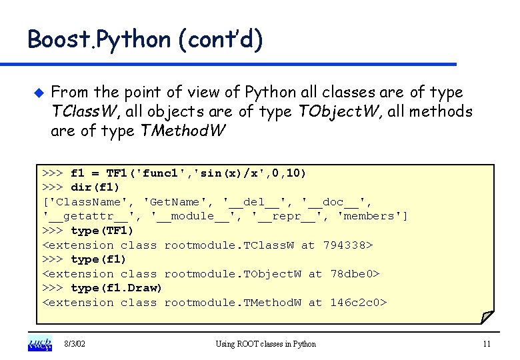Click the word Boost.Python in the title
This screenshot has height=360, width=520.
tap(99, 39)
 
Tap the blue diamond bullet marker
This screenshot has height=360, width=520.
tap(37, 91)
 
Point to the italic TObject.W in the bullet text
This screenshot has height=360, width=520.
tap(334, 111)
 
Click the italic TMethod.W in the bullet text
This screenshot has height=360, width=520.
tap(184, 131)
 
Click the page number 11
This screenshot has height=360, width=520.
tap(486, 344)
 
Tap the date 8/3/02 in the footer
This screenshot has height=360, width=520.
tap(75, 344)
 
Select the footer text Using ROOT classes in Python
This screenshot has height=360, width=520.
tap(266, 344)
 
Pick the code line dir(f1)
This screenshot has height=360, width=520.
tap(95, 187)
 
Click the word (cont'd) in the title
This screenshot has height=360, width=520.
tap(221, 39)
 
